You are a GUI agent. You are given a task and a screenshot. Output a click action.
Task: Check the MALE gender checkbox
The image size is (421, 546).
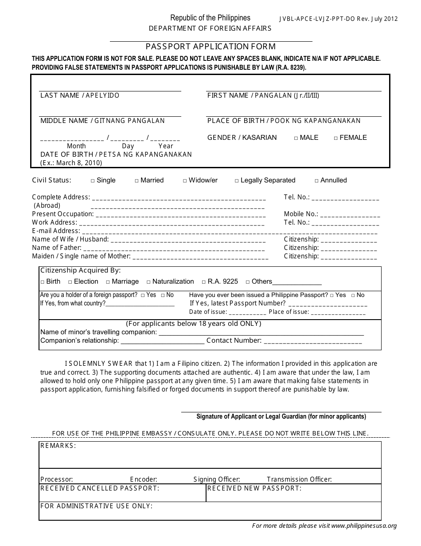(296, 138)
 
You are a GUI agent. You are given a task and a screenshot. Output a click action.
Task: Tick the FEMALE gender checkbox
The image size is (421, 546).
(336, 138)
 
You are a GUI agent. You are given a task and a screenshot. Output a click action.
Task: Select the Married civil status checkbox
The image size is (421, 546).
(137, 181)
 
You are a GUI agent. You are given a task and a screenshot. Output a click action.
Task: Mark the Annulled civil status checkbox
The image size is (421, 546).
(316, 181)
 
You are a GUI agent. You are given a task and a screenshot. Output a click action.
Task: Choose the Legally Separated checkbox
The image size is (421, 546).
(237, 181)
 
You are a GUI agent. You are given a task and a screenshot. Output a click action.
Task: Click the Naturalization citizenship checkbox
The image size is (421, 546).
(148, 282)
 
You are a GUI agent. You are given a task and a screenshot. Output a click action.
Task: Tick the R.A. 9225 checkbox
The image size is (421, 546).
(203, 282)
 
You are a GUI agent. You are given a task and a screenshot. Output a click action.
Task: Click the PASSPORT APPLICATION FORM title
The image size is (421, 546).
(210, 47)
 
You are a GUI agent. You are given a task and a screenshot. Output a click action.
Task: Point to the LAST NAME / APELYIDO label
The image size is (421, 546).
(80, 95)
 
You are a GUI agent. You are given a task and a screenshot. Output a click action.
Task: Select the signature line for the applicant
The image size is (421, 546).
(281, 411)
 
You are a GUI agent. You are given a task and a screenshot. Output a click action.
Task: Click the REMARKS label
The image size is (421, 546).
(58, 446)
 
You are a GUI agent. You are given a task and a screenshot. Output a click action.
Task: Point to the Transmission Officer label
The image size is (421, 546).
(299, 479)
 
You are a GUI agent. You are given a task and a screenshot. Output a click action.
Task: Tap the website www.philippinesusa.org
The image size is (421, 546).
(364, 526)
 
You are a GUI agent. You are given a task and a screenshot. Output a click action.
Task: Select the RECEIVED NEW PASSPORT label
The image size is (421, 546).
(254, 488)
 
